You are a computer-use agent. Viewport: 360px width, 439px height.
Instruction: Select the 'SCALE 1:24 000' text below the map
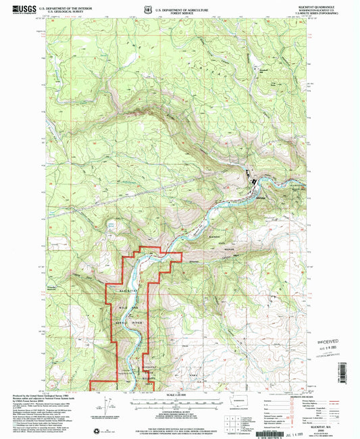tap(180, 394)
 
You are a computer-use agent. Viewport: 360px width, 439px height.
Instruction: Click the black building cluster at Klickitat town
tap(255, 180)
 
